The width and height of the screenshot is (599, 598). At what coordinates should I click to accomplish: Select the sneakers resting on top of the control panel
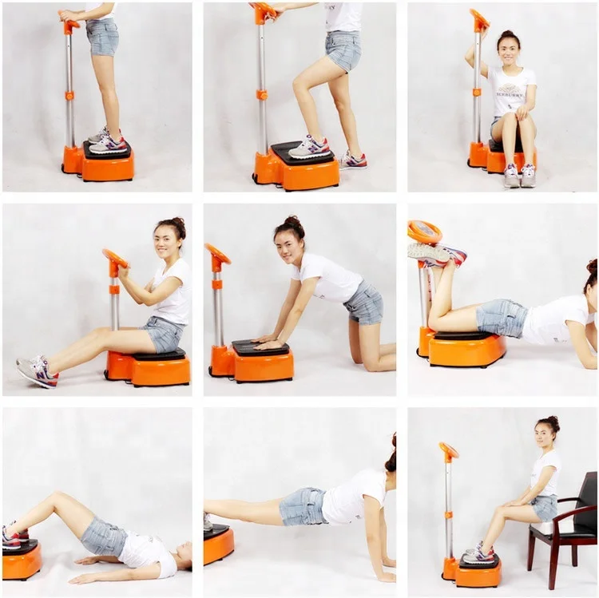coord(436,253)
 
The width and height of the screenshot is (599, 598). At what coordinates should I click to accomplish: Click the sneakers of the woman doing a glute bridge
coord(13,536)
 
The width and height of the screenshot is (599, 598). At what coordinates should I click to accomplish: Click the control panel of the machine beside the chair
coord(449,450)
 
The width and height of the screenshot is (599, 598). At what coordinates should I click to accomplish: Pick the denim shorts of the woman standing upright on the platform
coord(102,37)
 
